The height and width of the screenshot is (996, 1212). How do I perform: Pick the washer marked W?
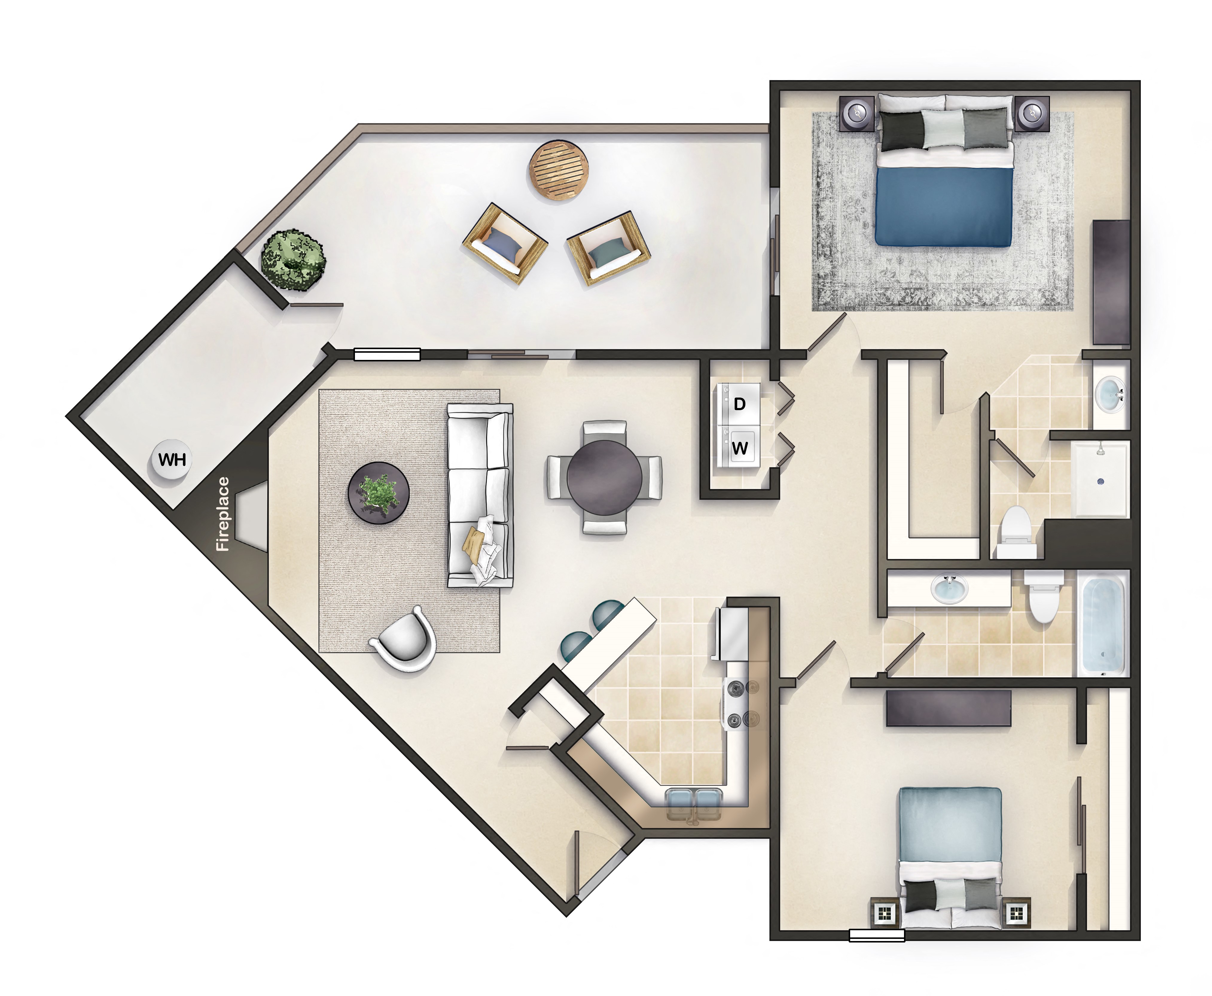click(x=740, y=447)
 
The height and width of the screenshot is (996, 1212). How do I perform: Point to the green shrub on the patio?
click(x=293, y=259)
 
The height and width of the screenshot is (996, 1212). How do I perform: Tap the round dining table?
click(x=604, y=477)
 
